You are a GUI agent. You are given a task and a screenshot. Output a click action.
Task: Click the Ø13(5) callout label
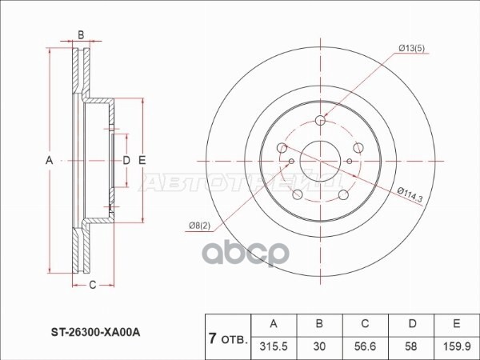(x=412, y=48)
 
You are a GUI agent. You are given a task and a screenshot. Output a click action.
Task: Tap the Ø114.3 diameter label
(x=410, y=195)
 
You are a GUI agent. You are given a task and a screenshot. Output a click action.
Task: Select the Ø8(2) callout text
(x=199, y=226)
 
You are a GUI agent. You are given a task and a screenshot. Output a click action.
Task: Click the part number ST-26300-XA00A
(x=95, y=332)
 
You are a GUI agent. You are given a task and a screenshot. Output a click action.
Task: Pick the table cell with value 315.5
(x=274, y=346)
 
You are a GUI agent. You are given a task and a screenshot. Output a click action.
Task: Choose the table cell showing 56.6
(x=365, y=346)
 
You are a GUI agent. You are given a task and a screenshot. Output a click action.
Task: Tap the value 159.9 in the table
(x=457, y=346)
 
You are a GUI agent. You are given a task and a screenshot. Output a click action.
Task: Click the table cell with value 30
(x=319, y=346)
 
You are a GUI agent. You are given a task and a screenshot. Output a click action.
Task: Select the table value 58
(x=411, y=346)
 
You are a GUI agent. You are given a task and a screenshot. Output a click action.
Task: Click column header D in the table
(x=413, y=323)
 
